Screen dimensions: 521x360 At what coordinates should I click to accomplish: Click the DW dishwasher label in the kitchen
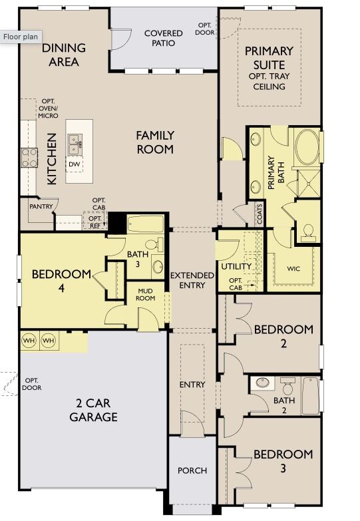click(x=75, y=164)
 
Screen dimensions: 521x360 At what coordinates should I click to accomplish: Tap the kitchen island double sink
click(x=75, y=141)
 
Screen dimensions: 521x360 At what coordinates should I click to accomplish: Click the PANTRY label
click(x=41, y=207)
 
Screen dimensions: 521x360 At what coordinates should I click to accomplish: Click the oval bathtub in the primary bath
click(x=307, y=147)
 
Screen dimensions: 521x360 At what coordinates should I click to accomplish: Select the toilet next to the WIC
click(x=308, y=231)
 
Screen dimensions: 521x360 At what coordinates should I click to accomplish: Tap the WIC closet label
click(x=294, y=269)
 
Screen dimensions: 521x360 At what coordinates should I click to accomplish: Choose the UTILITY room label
click(x=236, y=267)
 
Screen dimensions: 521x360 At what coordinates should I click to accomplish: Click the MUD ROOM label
click(x=146, y=294)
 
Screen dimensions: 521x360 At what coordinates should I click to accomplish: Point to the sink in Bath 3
click(x=158, y=267)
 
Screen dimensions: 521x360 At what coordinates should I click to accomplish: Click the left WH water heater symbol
click(x=29, y=341)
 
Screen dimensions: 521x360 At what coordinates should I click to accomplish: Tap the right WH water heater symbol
click(x=49, y=341)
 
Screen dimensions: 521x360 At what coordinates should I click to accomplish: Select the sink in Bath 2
click(x=263, y=383)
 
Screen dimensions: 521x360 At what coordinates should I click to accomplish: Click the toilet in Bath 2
click(x=287, y=385)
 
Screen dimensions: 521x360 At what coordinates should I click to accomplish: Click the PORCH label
click(x=192, y=470)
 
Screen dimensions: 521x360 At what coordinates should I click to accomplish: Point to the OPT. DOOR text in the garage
click(x=31, y=384)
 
